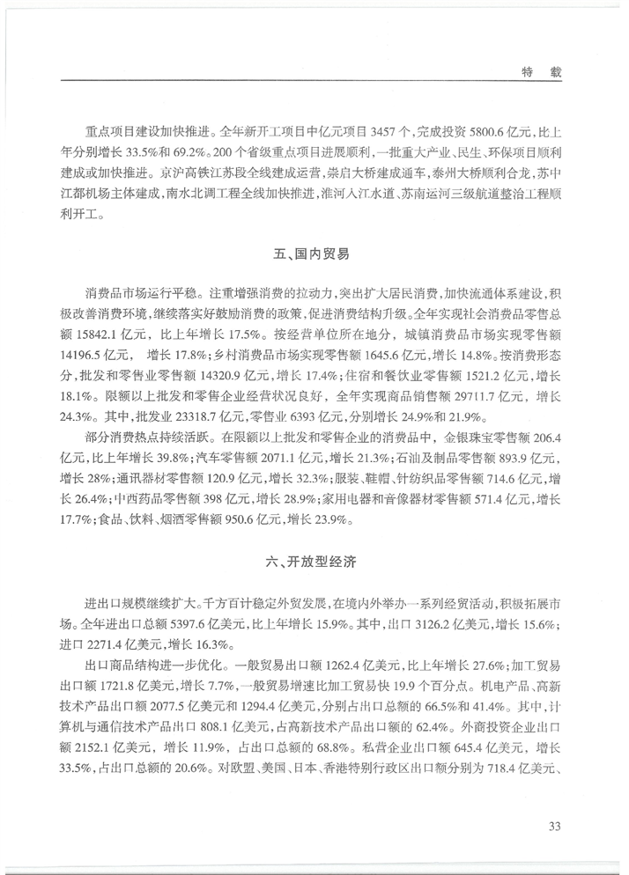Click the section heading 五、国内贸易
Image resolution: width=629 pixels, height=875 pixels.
click(314, 255)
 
